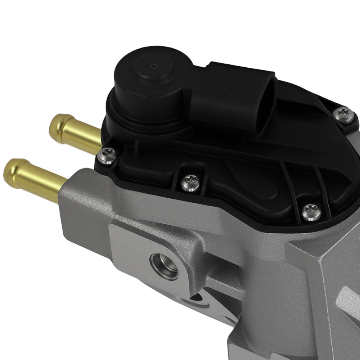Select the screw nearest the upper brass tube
[107, 155]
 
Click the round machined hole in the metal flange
[164, 265]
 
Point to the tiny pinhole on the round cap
[154, 66]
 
